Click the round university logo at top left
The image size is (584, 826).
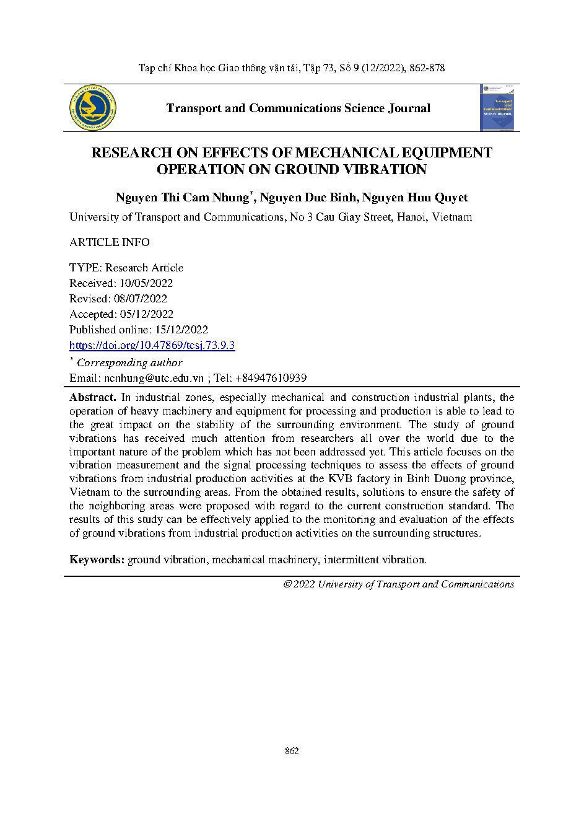(94, 108)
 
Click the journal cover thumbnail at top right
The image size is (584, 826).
(499, 108)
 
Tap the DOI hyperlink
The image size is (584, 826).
(152, 346)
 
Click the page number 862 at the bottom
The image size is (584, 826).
(292, 751)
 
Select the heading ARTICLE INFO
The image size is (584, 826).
(109, 242)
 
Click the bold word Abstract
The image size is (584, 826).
(92, 397)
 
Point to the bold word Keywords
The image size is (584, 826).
(97, 560)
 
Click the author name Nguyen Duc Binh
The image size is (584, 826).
(307, 198)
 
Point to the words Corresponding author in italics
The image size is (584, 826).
(129, 363)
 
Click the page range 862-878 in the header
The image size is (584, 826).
(427, 68)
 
